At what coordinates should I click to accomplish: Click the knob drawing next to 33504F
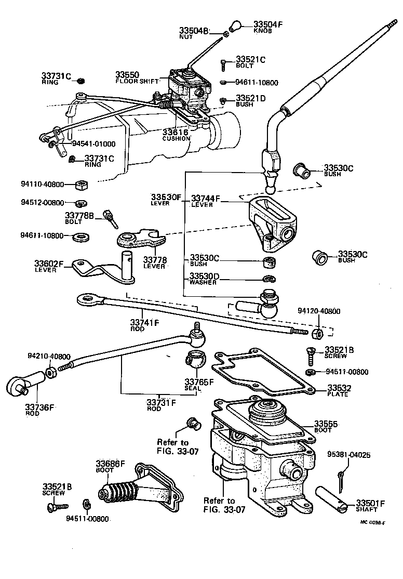pyautogui.click(x=236, y=26)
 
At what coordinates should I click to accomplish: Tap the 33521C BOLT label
pyautogui.click(x=250, y=62)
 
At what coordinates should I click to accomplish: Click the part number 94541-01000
pyautogui.click(x=93, y=144)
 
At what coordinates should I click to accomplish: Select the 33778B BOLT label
pyautogui.click(x=79, y=218)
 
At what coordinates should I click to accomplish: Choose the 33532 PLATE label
pyautogui.click(x=338, y=390)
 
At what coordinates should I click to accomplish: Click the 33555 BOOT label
pyautogui.click(x=326, y=426)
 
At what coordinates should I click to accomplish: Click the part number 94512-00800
pyautogui.click(x=43, y=202)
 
